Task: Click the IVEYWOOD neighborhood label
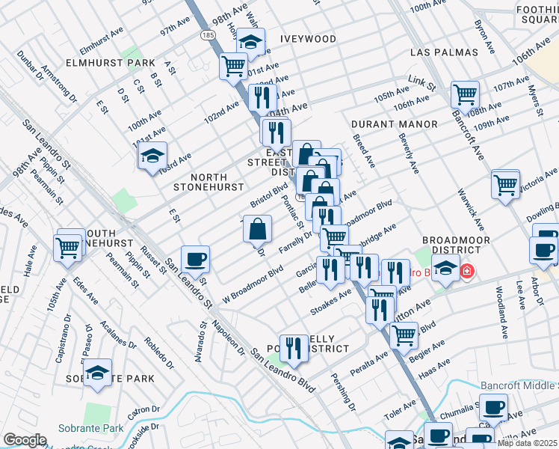coord(308,38)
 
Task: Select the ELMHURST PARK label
coord(109,63)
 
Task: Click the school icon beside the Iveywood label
coord(252,41)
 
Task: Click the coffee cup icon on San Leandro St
coord(195,259)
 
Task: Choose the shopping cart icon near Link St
coord(465,95)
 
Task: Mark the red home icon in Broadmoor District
coord(466,270)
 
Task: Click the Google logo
coord(25,440)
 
